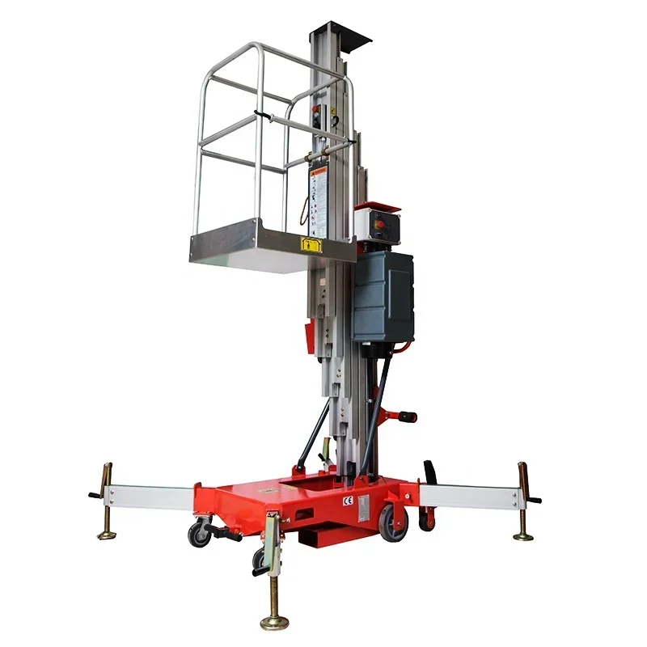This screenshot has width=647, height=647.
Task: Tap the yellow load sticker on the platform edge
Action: point(308,243)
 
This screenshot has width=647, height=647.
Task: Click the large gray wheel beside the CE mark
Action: point(394,521)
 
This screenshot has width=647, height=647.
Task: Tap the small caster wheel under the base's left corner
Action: point(198,534)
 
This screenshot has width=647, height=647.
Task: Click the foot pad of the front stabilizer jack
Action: point(274,622)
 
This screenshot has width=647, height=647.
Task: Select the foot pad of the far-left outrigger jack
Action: point(107,533)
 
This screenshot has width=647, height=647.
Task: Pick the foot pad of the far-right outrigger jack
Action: point(523,535)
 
